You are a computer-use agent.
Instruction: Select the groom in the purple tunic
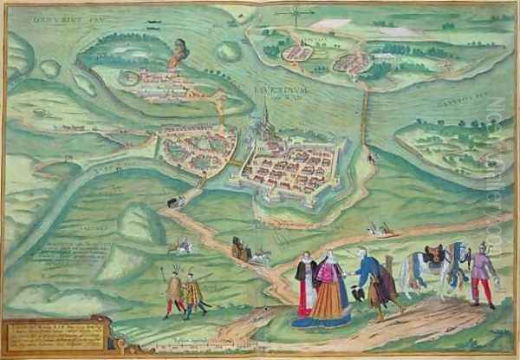click(x=480, y=273)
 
